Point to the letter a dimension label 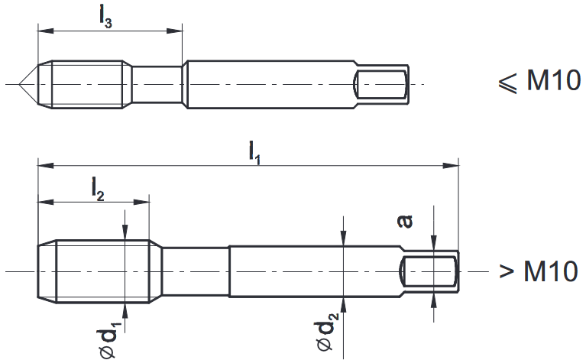[406, 221]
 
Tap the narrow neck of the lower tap [195, 271]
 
